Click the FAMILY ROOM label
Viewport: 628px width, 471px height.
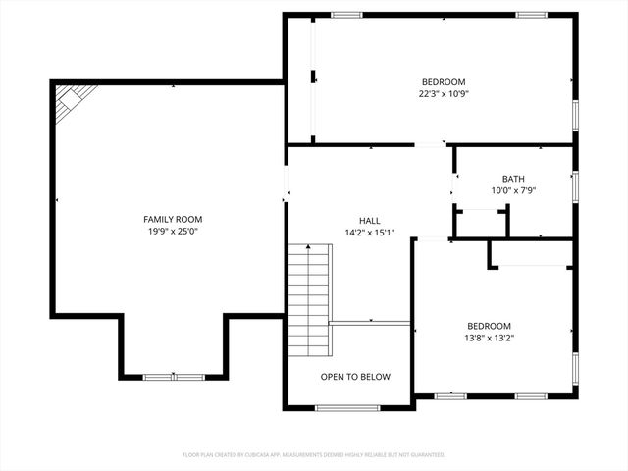pyautogui.click(x=173, y=219)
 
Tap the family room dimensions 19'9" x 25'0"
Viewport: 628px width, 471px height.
pyautogui.click(x=173, y=232)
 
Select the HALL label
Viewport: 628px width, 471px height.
pyautogui.click(x=369, y=221)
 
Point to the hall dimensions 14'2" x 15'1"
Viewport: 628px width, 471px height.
pyautogui.click(x=369, y=234)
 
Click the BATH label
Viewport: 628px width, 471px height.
pyautogui.click(x=513, y=179)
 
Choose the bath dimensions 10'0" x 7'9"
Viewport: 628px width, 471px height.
pyautogui.click(x=513, y=191)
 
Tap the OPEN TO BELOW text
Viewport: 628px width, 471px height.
pyautogui.click(x=355, y=377)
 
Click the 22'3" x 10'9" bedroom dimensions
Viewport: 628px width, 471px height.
pyautogui.click(x=444, y=94)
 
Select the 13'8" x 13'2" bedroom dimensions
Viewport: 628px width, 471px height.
pyautogui.click(x=489, y=339)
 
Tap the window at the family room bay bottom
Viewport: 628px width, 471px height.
pyautogui.click(x=175, y=376)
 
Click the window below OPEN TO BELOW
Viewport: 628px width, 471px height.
pyautogui.click(x=347, y=407)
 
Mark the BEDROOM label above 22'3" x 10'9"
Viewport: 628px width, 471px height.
pyautogui.click(x=444, y=82)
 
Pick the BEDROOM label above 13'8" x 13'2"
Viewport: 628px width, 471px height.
pyautogui.click(x=489, y=326)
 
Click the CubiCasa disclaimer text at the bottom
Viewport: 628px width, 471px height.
pyautogui.click(x=314, y=455)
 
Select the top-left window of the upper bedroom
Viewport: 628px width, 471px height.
pyautogui.click(x=346, y=15)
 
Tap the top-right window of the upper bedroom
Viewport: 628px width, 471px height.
pyautogui.click(x=531, y=15)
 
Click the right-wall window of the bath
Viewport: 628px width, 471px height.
pyautogui.click(x=575, y=186)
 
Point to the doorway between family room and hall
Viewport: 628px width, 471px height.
pyautogui.click(x=287, y=183)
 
